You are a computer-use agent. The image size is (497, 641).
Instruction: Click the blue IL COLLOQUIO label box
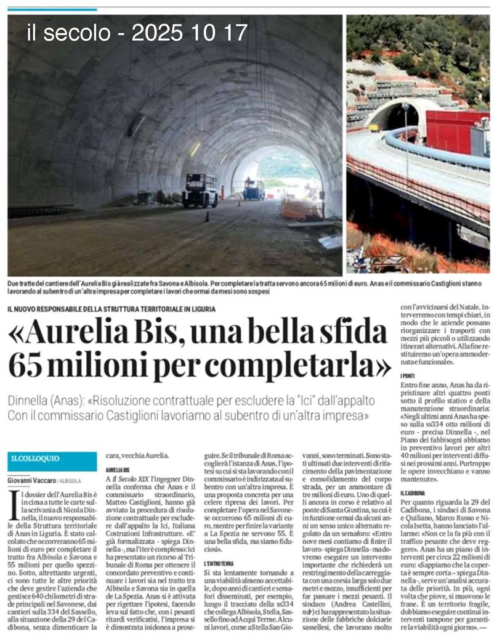pos(52,460)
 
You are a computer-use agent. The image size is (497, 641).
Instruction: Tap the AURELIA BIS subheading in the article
pos(117,469)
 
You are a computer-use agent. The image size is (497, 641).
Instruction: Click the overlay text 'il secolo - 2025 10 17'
pos(137,33)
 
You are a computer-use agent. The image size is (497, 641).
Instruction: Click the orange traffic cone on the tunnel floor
pos(207,216)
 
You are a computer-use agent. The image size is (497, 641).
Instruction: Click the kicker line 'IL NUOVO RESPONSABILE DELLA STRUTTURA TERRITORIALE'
pos(111,309)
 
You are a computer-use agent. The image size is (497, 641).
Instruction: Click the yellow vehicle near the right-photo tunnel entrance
pos(374,128)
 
